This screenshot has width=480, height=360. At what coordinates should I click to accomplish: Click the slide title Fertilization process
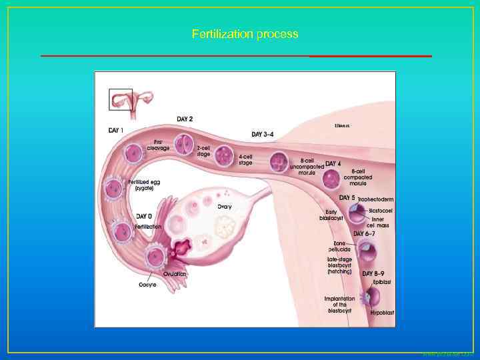pos(245,33)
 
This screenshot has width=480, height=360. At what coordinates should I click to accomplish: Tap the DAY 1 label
pos(115,129)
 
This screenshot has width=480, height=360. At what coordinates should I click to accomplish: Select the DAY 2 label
pos(185,119)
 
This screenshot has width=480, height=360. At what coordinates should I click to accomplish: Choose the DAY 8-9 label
pos(375,273)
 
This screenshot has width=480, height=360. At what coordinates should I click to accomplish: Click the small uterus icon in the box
pos(121,99)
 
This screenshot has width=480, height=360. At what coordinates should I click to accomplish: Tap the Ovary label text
pos(224,206)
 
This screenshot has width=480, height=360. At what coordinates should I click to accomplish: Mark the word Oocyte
pos(147,285)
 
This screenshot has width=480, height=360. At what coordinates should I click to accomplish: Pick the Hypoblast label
pos(383,312)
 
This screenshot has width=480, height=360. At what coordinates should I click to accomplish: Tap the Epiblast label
pos(382,283)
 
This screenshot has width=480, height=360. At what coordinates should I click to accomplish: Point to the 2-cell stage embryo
pos(183,143)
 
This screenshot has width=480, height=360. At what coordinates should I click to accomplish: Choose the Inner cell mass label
pos(378,221)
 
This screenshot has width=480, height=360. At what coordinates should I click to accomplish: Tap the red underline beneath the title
pos(236,56)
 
